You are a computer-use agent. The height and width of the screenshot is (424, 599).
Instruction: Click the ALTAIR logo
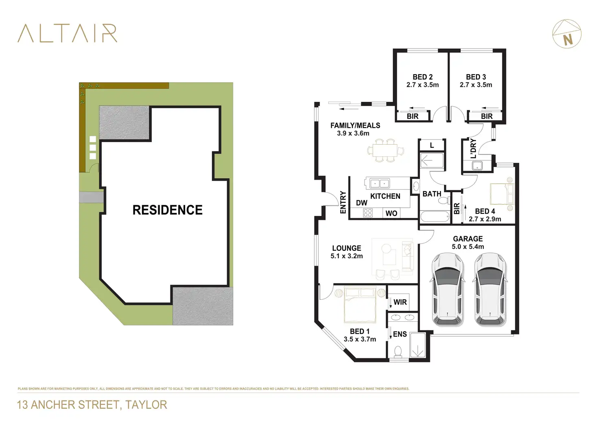point(68,33)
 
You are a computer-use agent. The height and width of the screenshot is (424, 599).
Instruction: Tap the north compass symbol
point(567,34)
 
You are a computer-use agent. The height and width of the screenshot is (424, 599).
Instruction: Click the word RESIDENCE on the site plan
point(167,210)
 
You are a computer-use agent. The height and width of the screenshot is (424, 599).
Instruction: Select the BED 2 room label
point(422,77)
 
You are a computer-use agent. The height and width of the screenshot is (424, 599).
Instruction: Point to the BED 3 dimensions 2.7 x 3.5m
point(476,85)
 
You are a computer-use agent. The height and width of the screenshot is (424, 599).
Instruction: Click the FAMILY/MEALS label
point(355,125)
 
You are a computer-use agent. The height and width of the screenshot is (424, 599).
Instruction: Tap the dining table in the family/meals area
point(385,150)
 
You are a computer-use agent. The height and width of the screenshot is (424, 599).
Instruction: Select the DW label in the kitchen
point(361,203)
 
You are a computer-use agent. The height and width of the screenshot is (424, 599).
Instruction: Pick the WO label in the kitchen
point(391,213)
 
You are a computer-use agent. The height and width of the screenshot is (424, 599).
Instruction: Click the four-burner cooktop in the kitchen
point(368,213)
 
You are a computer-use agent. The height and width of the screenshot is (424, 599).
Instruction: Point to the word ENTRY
point(343,202)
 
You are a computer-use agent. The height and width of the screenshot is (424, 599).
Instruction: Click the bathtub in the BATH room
point(435,216)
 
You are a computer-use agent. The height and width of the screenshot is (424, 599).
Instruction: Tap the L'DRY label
point(473,148)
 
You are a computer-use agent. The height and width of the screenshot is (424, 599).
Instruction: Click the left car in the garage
point(447,289)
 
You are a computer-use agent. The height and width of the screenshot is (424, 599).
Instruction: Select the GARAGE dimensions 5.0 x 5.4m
point(468,247)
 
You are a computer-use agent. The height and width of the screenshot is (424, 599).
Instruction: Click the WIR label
point(400,302)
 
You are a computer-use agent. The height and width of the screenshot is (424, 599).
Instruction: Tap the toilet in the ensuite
point(398,351)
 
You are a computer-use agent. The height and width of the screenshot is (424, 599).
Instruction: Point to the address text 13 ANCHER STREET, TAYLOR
point(92,405)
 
